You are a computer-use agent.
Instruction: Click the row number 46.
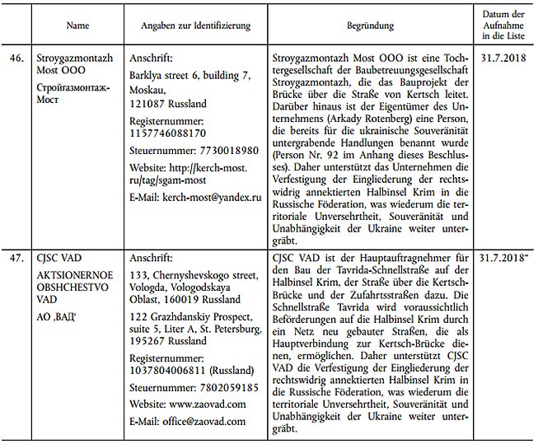[x=16, y=60]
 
